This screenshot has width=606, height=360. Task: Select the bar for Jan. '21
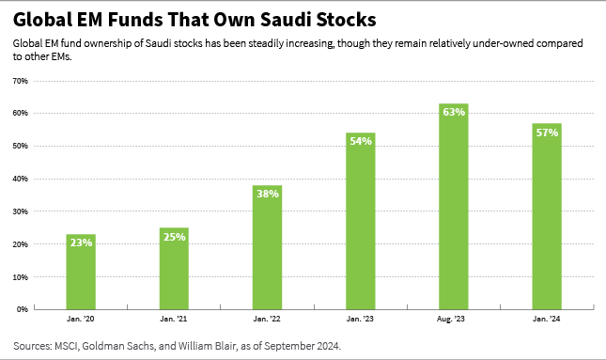coord(174,268)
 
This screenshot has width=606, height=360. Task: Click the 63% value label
coord(453,112)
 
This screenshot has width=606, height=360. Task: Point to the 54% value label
coord(360,141)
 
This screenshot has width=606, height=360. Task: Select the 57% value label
coord(547,132)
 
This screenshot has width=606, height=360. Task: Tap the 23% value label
coord(81,242)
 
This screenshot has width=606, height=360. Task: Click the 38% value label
coord(267,194)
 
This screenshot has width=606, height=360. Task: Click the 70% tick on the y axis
coord(19,81)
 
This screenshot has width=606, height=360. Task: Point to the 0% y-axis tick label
coord(21,309)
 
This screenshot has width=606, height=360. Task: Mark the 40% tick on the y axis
coord(19,179)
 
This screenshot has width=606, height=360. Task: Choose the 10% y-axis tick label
coord(19,276)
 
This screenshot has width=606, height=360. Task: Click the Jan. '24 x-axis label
coord(547,320)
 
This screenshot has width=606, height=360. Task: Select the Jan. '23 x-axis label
coord(360,320)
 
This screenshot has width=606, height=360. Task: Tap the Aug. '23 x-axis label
coord(453,320)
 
